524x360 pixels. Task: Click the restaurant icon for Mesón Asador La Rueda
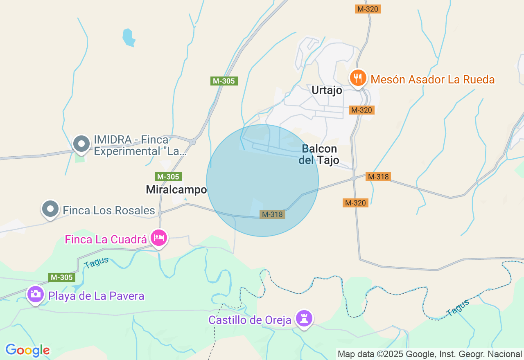pos(358,77)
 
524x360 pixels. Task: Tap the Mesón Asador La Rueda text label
pos(433,79)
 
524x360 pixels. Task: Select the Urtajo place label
pos(327,90)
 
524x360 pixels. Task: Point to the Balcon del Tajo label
pos(319,154)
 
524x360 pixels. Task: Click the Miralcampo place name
pos(176,190)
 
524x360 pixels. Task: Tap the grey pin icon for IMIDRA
pos(81,144)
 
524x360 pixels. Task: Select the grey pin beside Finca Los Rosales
pos(50,209)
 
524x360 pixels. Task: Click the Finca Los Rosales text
pos(109,211)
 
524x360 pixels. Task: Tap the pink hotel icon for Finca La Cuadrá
pos(159,238)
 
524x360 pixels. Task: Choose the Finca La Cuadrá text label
pos(106,239)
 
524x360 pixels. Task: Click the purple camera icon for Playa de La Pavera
pos(36,294)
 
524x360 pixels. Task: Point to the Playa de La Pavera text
pos(96,296)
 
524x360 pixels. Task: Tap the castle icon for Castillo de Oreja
pos(304,318)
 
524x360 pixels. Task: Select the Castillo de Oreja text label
pos(250,320)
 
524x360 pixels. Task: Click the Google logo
pos(27,350)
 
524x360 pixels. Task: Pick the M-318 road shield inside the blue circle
pos(272,214)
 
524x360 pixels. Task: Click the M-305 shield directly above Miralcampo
pos(169,177)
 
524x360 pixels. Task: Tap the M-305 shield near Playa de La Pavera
pos(62,277)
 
